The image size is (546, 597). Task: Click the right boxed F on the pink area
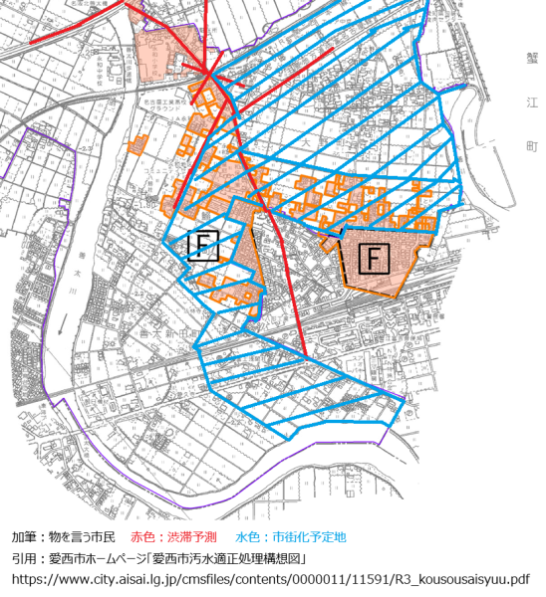click(373, 259)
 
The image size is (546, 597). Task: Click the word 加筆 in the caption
click(24, 536)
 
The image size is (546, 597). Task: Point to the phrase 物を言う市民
click(83, 536)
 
